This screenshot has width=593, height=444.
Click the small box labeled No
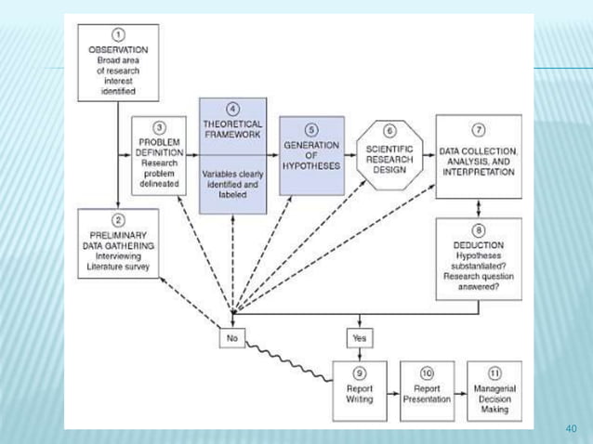tap(231, 337)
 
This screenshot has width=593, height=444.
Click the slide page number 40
tap(572, 428)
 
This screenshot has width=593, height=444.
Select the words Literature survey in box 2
tap(117, 265)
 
